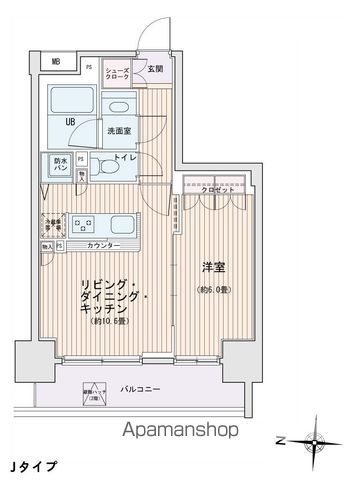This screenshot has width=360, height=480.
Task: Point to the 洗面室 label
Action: (119, 129)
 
